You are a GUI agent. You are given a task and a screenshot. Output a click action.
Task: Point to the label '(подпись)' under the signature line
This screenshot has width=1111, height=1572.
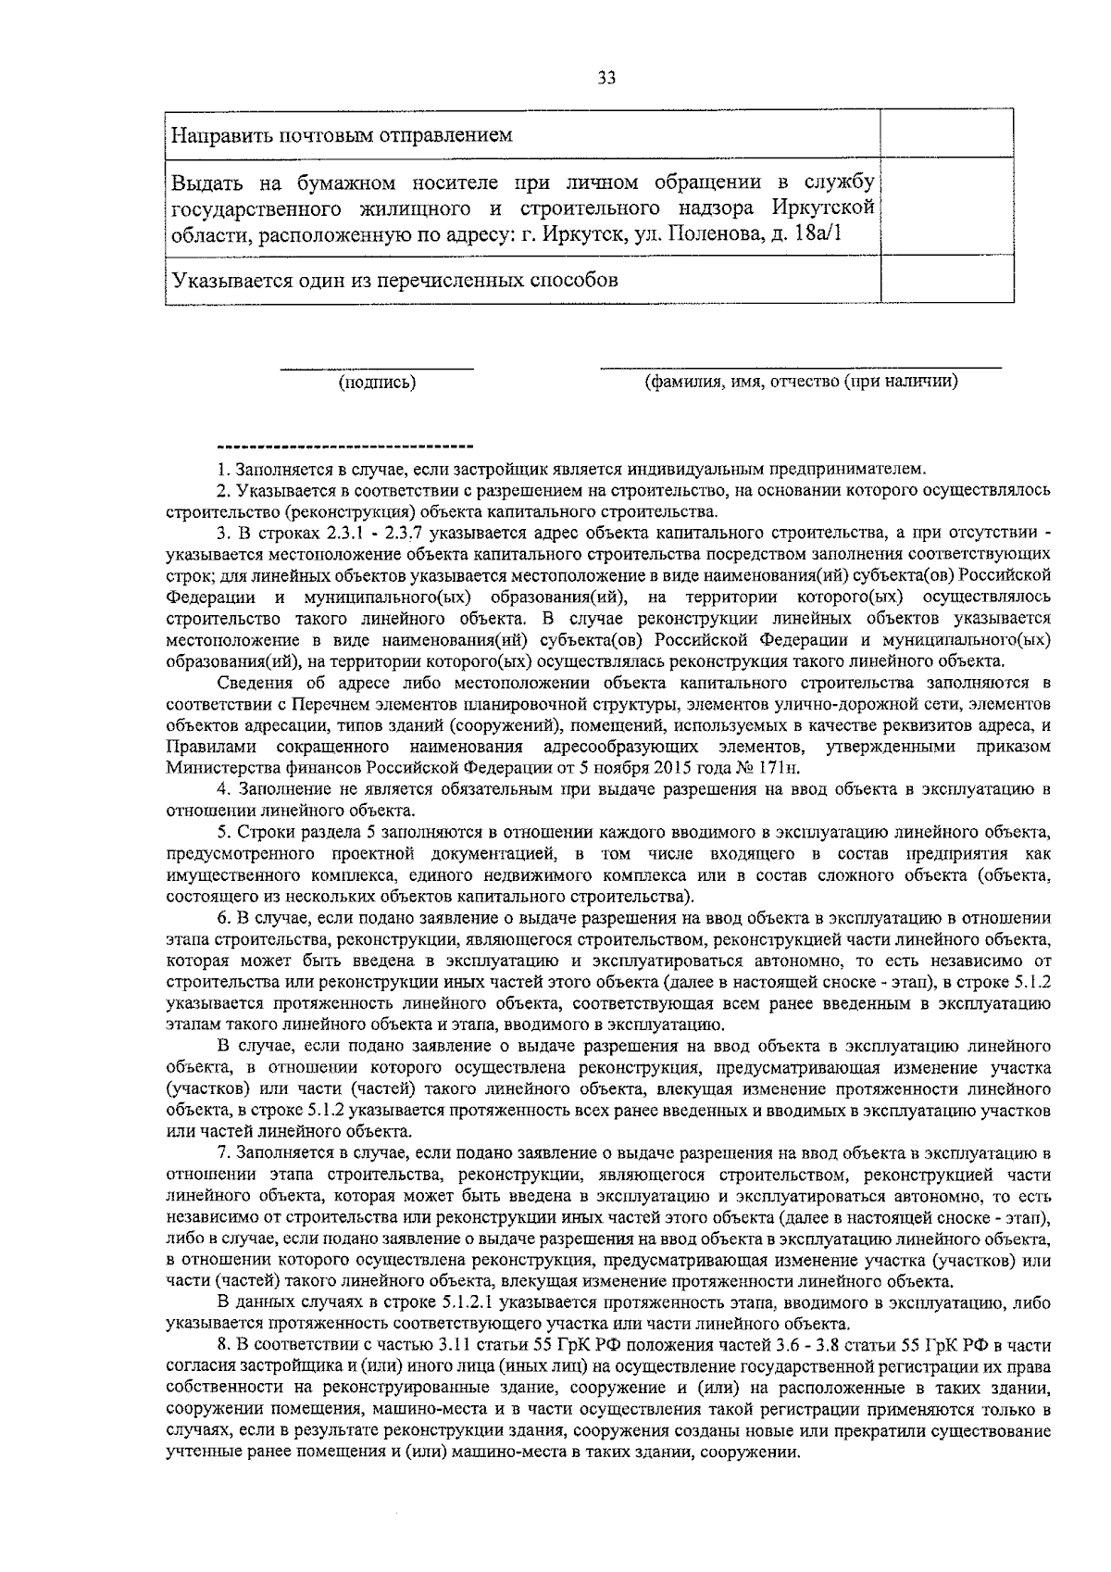[377, 382]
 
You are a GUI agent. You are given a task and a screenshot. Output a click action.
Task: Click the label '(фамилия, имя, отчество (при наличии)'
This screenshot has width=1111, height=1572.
[801, 381]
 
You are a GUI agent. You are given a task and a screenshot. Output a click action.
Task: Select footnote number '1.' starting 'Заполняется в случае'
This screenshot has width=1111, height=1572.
[222, 469]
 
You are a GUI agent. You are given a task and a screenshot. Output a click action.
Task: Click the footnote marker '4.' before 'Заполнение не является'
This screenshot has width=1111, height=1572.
[223, 789]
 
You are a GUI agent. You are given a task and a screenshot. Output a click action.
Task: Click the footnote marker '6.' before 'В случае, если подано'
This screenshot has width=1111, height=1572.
[223, 918]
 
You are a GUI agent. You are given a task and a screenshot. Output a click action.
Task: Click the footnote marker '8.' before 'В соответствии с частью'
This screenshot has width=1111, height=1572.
[223, 1345]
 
